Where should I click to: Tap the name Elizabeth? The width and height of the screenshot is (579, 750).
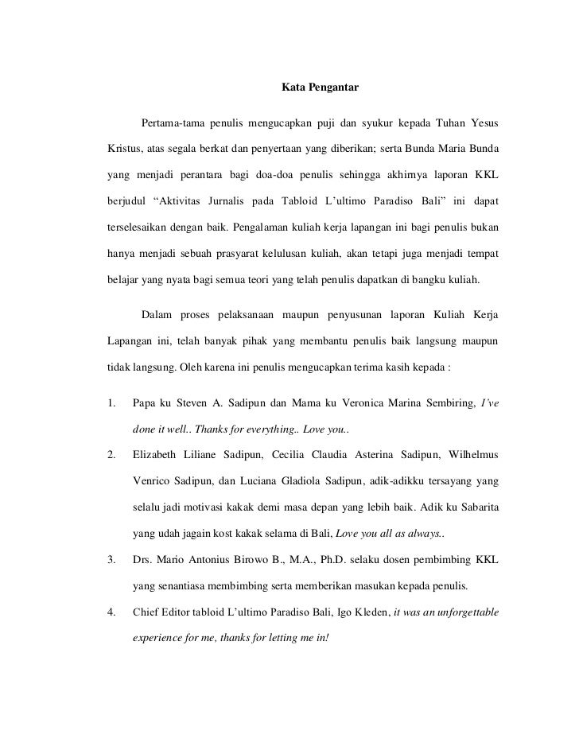[157, 456]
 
